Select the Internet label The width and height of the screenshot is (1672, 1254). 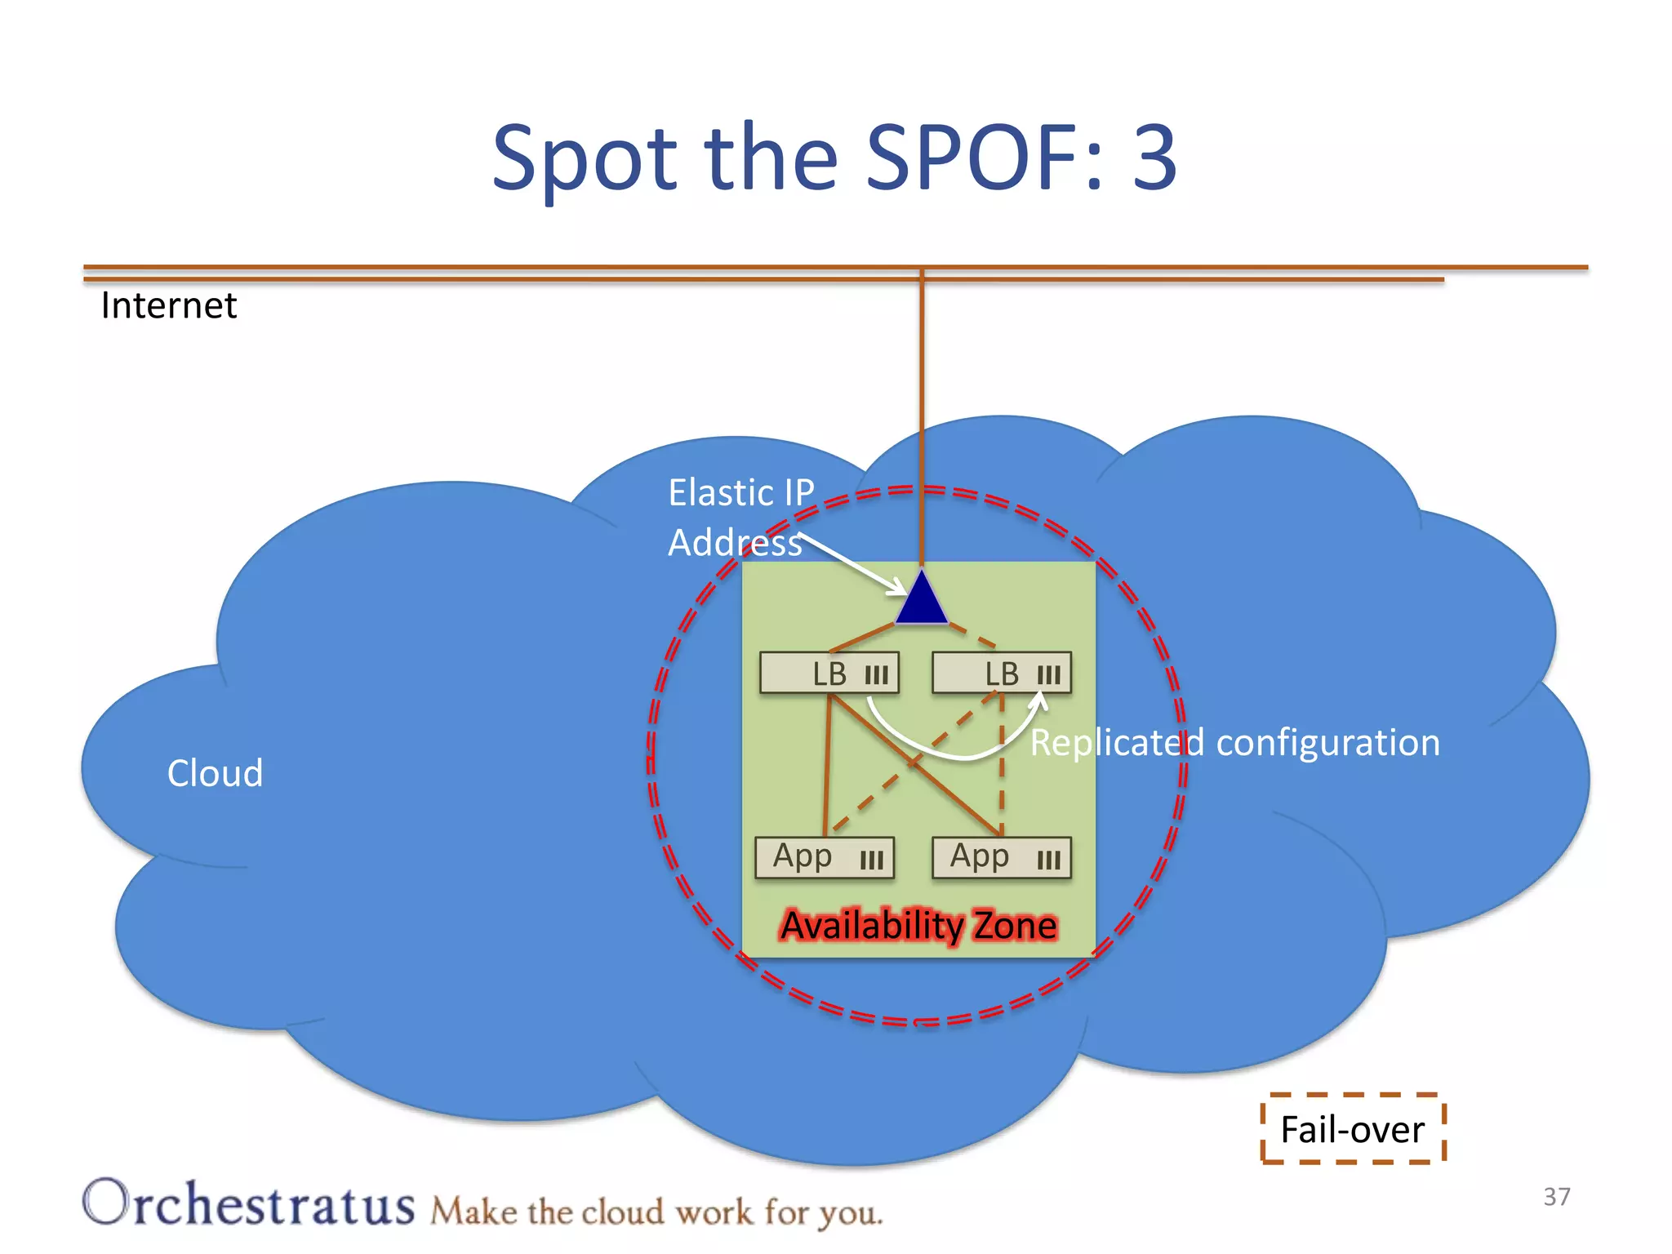[x=168, y=305]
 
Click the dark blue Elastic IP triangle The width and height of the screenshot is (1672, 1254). [x=922, y=601]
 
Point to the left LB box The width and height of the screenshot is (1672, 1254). [x=829, y=673]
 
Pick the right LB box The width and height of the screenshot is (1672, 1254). [x=1002, y=673]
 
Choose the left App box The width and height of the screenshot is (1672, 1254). [x=825, y=857]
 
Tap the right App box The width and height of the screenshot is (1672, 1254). [x=1002, y=857]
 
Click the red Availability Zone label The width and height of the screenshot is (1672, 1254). [x=918, y=925]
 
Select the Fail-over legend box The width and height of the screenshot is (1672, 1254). [x=1353, y=1129]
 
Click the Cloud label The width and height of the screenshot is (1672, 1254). [x=215, y=772]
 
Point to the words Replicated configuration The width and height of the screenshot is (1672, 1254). [x=1234, y=743]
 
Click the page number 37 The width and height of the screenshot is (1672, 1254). [x=1556, y=1196]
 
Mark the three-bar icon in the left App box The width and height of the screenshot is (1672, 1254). [x=871, y=860]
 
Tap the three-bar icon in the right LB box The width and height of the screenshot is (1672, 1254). [x=1048, y=675]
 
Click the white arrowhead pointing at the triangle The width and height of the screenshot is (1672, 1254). [x=897, y=587]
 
